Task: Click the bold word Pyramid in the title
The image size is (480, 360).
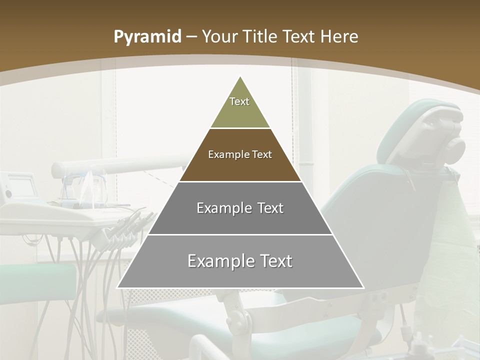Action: (x=147, y=37)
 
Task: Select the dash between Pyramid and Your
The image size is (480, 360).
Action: (x=191, y=37)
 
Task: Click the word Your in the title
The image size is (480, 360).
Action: (x=218, y=37)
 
